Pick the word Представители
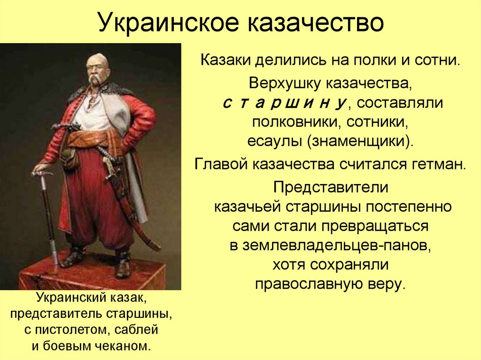coord(331,186)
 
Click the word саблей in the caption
coord(134,330)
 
